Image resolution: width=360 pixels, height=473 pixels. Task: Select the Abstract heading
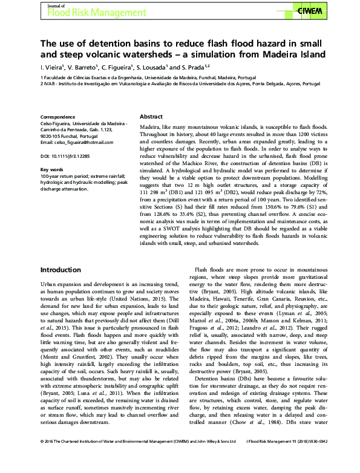tap(151, 116)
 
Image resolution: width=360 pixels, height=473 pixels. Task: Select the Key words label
tap(52, 169)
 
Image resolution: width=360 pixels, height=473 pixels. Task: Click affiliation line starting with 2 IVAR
tap(175, 85)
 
